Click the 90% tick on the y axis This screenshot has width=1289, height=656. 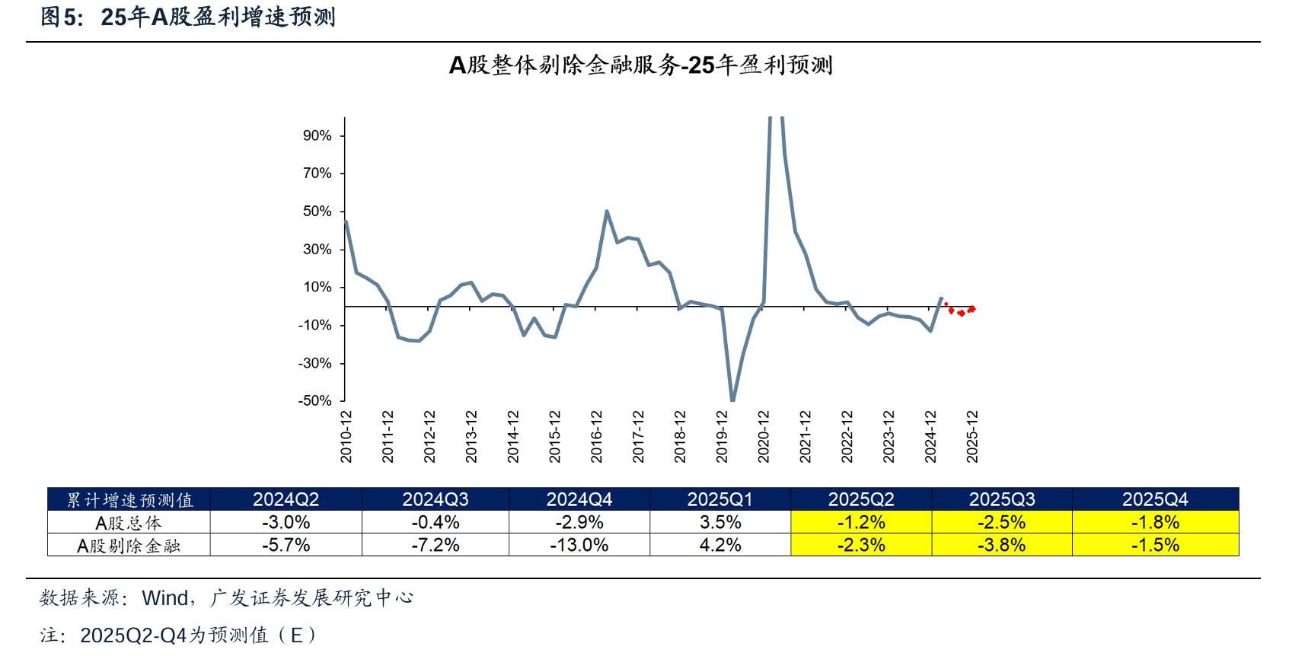pos(317,135)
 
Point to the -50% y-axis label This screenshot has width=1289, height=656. pos(315,400)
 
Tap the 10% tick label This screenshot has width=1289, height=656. pos(317,287)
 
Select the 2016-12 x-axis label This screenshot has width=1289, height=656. pos(597,437)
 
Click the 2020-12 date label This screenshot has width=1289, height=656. pos(764,437)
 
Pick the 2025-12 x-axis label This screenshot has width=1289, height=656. pos(972,437)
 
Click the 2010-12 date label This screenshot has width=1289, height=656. pos(346,437)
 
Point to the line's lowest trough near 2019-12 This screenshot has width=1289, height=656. pos(732,399)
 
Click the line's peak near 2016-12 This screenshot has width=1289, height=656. pos(607,212)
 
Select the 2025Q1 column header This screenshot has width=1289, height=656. pos(719,499)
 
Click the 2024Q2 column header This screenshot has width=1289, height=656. pos(286,499)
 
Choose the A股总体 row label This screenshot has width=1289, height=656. pos(129,523)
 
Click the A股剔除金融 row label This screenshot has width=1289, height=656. pos(129,546)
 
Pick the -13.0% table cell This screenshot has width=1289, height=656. pos(579,546)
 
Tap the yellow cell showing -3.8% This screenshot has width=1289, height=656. pos(1001,546)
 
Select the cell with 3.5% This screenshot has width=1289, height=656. pos(719,523)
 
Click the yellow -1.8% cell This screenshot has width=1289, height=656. pos(1155,523)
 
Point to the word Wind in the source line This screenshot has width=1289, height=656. pos(165,598)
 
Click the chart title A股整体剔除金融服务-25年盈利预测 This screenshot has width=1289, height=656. pos(641,65)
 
